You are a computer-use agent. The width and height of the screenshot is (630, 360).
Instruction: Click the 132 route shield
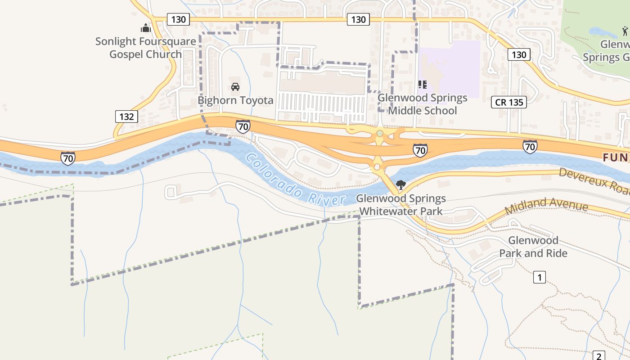coord(126,117)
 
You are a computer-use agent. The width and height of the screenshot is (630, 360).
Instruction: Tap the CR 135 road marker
coord(509,102)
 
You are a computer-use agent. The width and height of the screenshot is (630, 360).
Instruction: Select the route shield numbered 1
coord(539,277)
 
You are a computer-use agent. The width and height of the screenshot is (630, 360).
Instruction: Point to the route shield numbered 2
coord(598,356)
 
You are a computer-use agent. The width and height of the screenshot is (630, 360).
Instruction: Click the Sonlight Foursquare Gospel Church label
coord(145,48)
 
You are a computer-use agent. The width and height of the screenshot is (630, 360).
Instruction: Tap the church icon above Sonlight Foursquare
coord(145,28)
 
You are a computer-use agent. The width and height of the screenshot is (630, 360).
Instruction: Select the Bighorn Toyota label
coord(235,100)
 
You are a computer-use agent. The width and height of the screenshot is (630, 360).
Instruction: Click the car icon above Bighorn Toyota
coord(235,86)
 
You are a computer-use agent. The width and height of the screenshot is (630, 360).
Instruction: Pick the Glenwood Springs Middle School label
coord(422,104)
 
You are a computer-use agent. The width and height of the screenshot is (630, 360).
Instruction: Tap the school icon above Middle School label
coord(422,84)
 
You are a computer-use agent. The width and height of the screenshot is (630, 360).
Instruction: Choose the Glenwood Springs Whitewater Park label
coord(401,205)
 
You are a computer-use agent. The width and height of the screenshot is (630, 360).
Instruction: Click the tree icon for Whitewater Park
coord(400,184)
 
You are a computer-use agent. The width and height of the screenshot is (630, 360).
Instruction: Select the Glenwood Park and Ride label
coord(533,247)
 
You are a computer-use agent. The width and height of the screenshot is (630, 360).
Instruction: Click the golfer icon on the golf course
coord(625,31)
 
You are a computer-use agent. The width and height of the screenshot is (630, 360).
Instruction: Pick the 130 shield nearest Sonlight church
coord(178,19)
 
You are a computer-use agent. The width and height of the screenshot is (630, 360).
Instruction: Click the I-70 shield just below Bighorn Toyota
coord(243,126)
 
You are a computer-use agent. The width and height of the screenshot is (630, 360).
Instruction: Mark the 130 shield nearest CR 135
coord(519,54)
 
